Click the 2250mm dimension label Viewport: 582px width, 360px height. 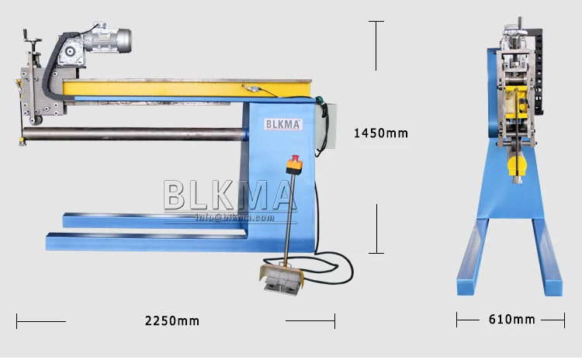(x=171, y=320)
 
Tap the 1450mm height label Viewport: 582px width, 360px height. (x=380, y=133)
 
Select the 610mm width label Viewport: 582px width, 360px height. (x=511, y=319)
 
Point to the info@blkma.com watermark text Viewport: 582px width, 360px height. (x=235, y=217)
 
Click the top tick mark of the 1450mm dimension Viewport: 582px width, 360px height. (x=377, y=22)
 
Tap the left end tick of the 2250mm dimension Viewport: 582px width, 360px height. (x=17, y=320)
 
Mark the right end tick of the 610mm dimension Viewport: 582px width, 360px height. (x=564, y=319)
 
